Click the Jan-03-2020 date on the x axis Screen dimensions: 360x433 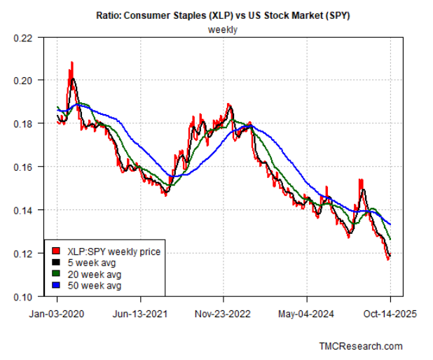(57, 314)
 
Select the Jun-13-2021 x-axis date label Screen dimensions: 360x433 (141, 314)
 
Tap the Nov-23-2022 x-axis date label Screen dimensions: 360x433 (224, 314)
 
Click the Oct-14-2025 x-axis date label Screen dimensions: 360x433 (390, 314)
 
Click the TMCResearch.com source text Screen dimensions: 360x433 (360, 346)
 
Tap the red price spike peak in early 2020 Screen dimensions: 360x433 (71, 64)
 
